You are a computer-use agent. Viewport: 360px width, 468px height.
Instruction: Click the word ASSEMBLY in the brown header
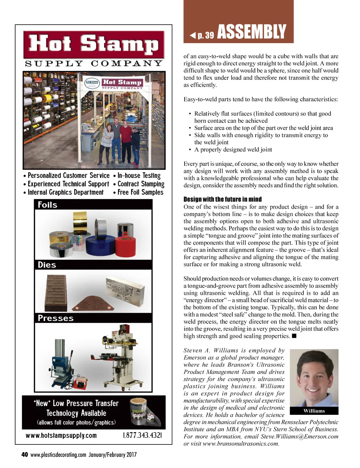pos(252,32)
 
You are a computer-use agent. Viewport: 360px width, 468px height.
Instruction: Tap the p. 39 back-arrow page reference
pos(202,35)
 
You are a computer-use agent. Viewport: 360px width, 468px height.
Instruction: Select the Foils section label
pos(47,205)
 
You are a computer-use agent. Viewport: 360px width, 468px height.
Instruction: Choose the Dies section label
pos(47,265)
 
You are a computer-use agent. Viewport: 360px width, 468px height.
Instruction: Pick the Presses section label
pos(56,318)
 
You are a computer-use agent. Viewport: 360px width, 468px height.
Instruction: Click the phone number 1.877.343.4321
pos(142,435)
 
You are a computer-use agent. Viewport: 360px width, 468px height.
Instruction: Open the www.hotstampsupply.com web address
pos(61,435)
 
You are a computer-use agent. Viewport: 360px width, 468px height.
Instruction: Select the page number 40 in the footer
pos(25,455)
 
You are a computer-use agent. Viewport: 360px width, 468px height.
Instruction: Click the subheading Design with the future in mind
pos(223,199)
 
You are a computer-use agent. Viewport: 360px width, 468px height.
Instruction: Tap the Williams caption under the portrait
pos(314,411)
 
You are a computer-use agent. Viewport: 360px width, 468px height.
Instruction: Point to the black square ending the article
pos(294,336)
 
